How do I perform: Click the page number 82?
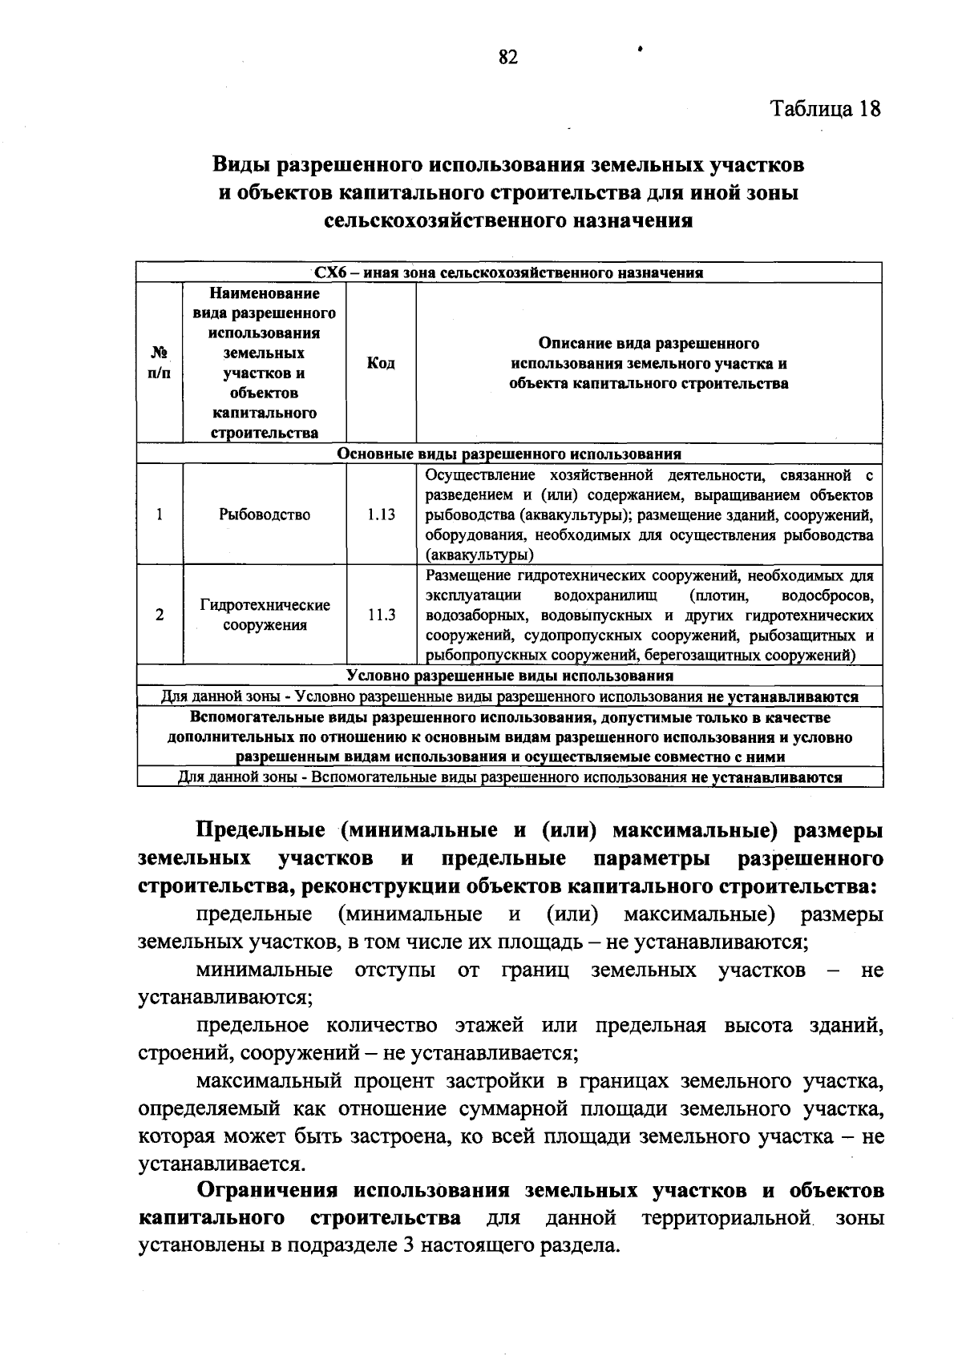(x=508, y=57)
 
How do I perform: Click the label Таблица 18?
(x=825, y=109)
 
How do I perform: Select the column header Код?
(x=381, y=364)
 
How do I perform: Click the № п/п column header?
(x=160, y=363)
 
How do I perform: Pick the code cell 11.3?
(x=381, y=615)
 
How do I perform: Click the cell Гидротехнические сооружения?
(x=265, y=615)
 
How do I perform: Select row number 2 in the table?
(x=160, y=615)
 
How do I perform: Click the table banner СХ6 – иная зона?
(x=509, y=272)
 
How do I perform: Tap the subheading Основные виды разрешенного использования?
(x=509, y=454)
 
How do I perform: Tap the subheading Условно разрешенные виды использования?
(x=509, y=676)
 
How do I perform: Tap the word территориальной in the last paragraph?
(x=726, y=1218)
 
